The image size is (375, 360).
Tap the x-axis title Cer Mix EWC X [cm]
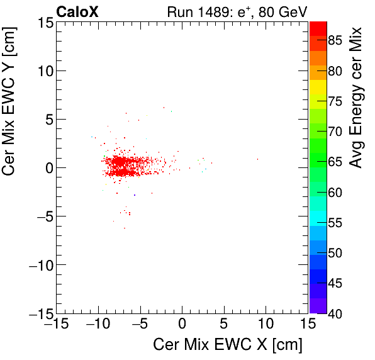point(228,345)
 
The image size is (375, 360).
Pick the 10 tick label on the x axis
point(266,325)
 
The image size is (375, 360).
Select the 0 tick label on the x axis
point(182,325)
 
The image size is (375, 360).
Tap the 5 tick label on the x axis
point(223,325)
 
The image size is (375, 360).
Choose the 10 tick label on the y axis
point(44,70)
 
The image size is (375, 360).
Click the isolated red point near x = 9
point(257,159)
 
